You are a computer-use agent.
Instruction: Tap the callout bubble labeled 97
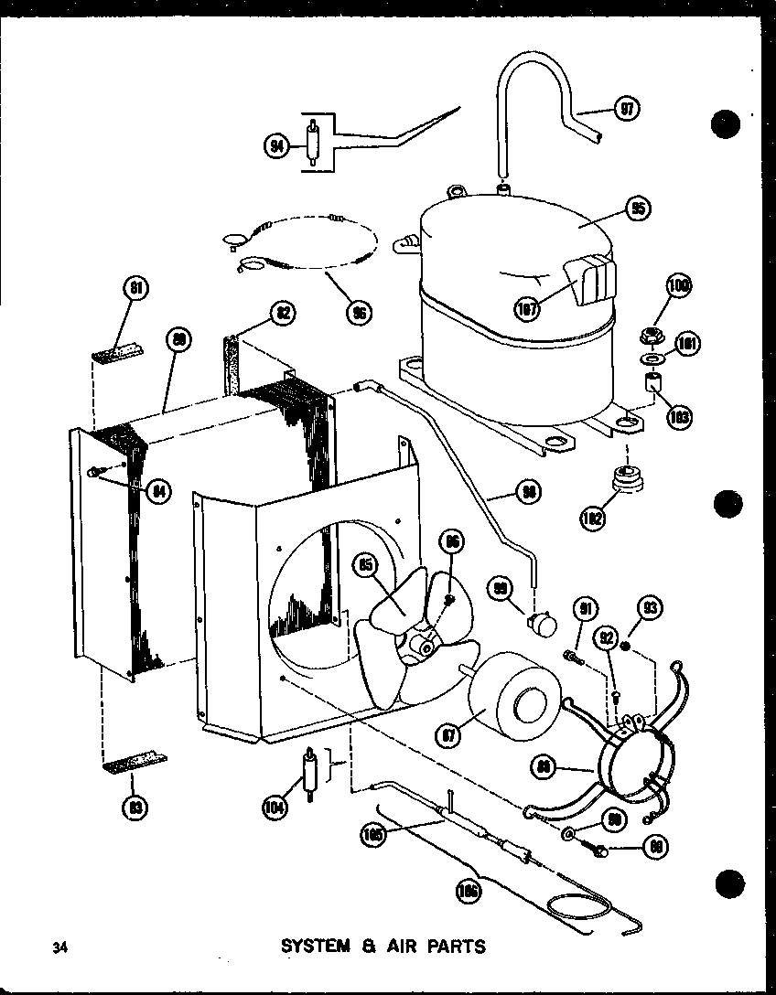tap(627, 109)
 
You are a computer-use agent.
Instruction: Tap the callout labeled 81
tap(135, 291)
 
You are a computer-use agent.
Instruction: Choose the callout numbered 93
tap(652, 606)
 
